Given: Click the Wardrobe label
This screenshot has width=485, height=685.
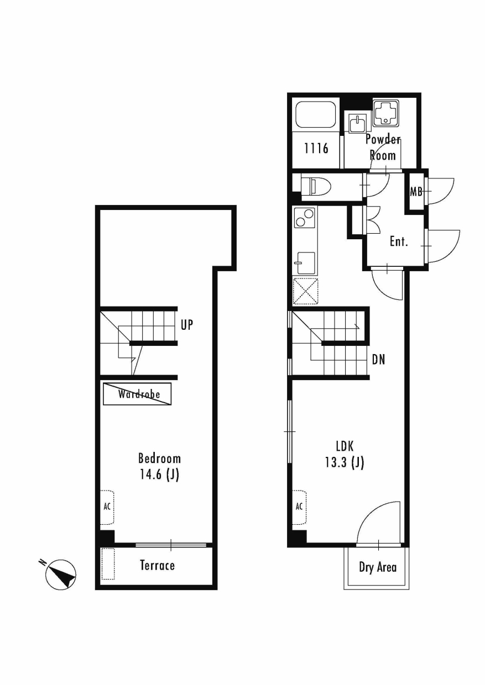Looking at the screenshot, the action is tap(139, 394).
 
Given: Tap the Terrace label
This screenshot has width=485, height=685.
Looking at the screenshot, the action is tap(158, 565).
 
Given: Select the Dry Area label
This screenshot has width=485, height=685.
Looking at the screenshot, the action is tap(378, 567).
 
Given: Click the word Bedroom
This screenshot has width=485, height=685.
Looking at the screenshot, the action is tap(159, 459).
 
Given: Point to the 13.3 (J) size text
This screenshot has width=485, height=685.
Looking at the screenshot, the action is tap(345, 463).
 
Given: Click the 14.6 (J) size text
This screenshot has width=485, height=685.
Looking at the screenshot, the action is tap(159, 475).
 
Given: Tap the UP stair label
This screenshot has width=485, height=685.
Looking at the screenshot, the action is tap(187, 325).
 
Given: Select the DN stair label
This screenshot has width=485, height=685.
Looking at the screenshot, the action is tap(378, 360).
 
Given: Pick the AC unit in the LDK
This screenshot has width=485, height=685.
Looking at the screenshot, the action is tap(299, 507).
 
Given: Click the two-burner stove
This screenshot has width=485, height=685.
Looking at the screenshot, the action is tap(304, 218).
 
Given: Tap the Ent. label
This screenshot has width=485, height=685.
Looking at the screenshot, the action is tap(399, 242).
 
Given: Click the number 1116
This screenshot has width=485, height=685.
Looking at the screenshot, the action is tap(316, 149).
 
